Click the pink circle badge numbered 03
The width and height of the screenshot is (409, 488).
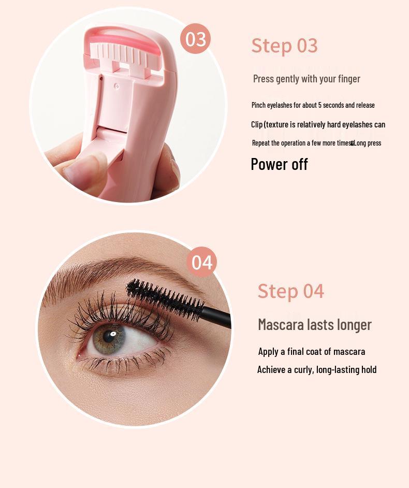tap(195, 39)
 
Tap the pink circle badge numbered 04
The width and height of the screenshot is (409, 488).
tap(201, 262)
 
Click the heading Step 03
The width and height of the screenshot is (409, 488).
tap(284, 46)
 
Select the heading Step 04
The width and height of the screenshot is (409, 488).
tap(290, 291)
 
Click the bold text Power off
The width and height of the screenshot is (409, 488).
tap(279, 164)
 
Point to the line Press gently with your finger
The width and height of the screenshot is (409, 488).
tap(306, 79)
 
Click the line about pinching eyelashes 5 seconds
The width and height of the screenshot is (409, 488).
tap(313, 105)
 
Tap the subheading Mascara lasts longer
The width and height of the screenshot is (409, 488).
tap(315, 325)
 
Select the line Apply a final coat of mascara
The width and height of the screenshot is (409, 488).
tap(311, 352)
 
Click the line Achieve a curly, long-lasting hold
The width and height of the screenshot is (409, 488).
tap(317, 370)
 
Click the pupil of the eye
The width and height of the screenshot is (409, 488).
tap(110, 336)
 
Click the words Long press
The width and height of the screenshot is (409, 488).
tap(368, 143)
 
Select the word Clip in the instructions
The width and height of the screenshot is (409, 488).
tap(257, 125)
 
